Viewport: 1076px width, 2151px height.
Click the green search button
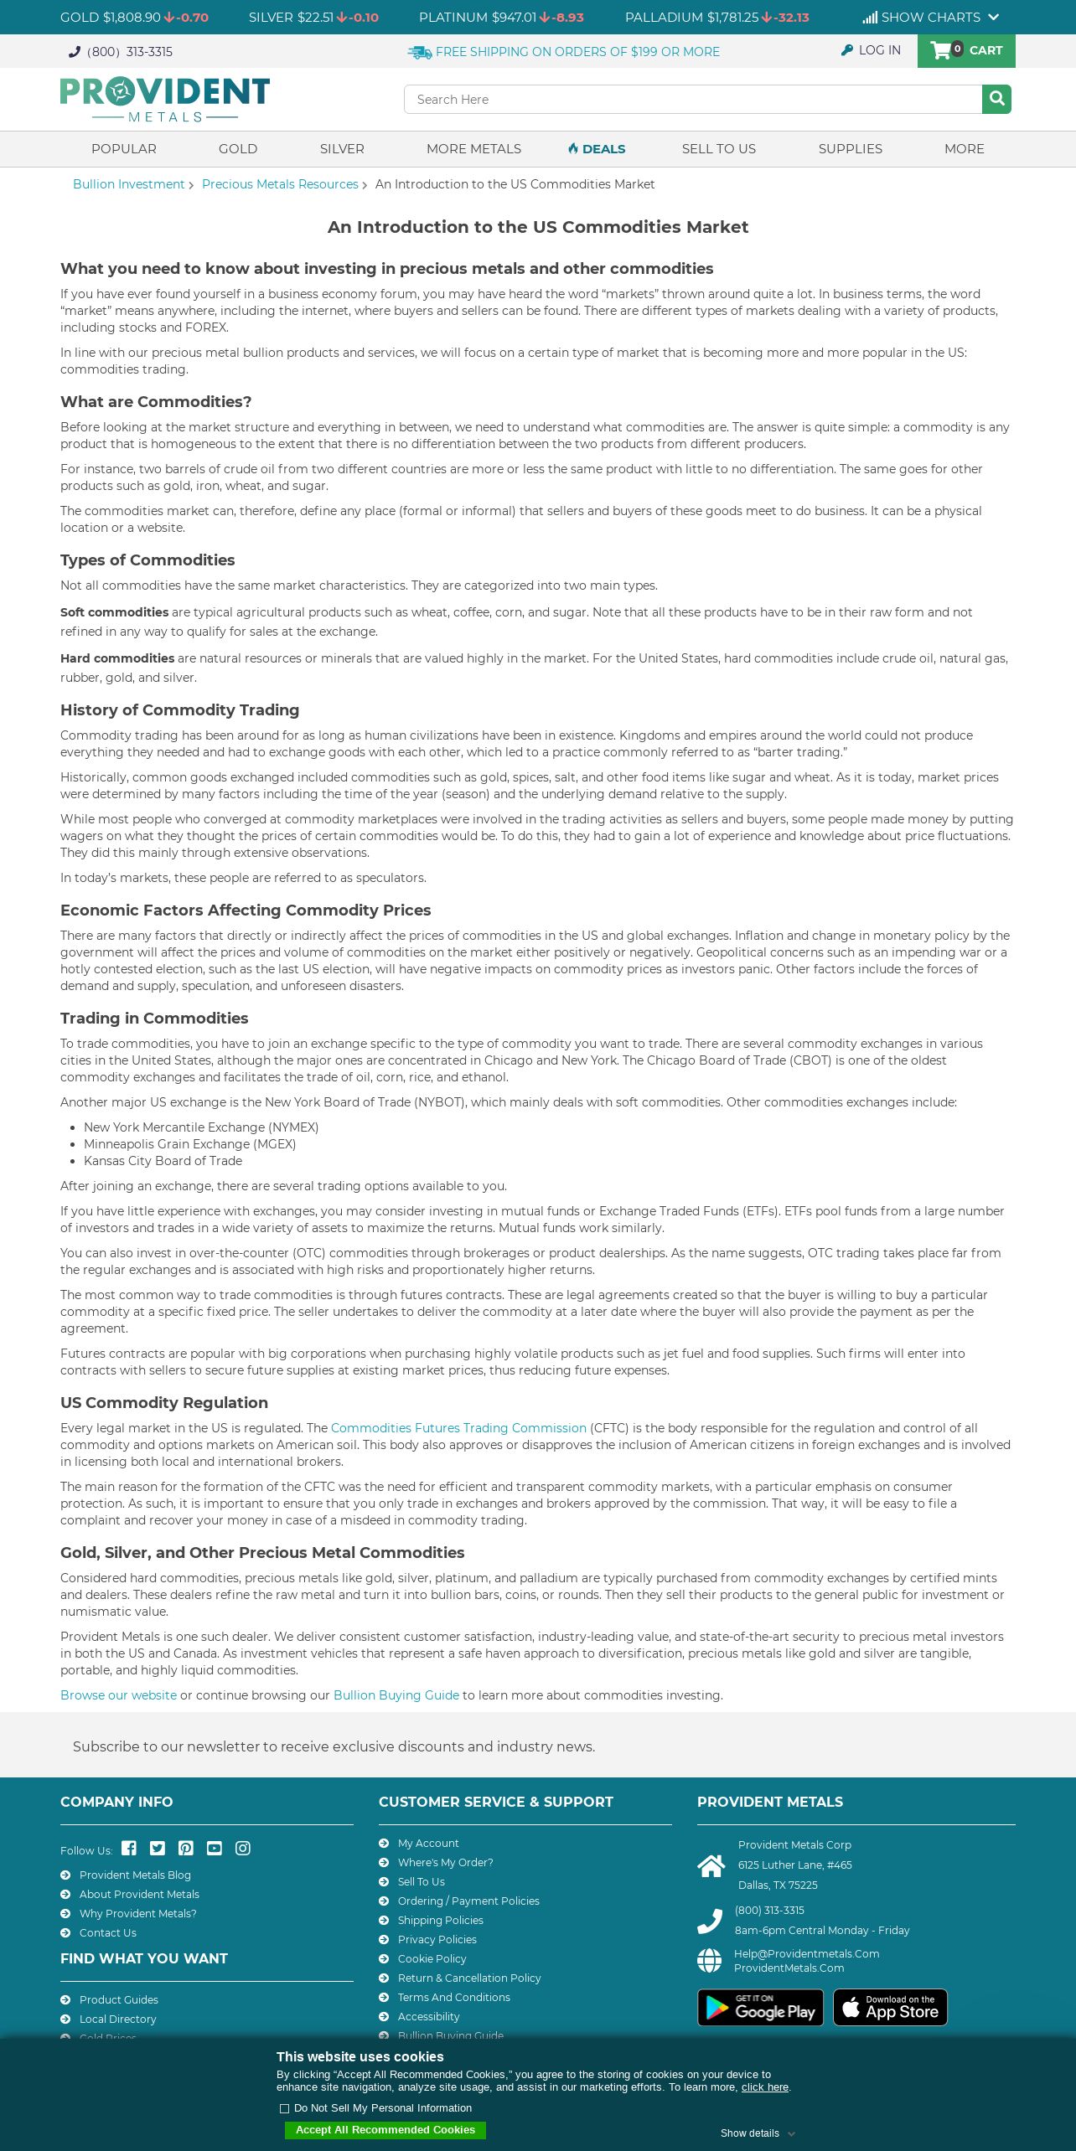996,99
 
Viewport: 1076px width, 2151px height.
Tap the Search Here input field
692,99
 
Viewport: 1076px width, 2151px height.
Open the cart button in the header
966,50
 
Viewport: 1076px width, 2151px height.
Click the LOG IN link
872,50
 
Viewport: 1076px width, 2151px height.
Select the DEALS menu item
597,148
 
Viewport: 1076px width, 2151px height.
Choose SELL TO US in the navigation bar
718,148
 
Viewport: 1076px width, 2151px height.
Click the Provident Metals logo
165,99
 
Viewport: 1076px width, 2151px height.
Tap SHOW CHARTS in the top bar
930,17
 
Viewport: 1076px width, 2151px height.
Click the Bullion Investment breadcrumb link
128,184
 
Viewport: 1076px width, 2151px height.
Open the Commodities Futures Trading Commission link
458,1427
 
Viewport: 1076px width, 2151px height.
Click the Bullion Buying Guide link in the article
396,1694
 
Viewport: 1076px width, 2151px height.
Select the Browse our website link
118,1694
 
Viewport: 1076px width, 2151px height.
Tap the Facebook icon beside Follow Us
129,1848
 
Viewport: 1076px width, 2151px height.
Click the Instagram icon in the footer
243,1848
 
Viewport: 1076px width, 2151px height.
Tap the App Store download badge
890,2007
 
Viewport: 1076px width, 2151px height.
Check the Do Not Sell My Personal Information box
284,2108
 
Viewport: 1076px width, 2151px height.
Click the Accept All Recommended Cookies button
385,2130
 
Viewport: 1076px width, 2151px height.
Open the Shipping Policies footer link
440,1920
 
